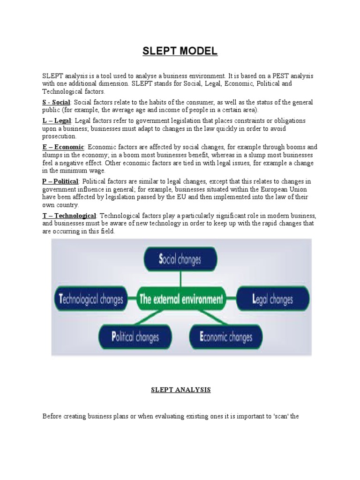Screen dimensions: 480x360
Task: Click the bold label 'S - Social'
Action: click(x=56, y=102)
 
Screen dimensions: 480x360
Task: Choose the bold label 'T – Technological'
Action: click(x=69, y=215)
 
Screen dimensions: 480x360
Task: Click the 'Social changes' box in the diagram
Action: click(x=180, y=259)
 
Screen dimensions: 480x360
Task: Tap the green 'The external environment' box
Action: click(x=180, y=299)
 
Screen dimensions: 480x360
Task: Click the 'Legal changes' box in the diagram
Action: click(x=272, y=299)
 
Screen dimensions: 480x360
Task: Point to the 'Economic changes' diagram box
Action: click(x=225, y=337)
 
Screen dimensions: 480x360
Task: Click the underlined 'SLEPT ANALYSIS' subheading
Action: click(x=180, y=390)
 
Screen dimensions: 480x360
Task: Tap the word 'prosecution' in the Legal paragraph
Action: click(x=59, y=136)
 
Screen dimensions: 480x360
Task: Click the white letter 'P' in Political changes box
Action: click(x=113, y=337)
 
